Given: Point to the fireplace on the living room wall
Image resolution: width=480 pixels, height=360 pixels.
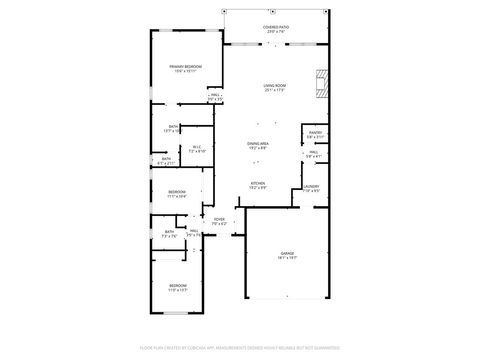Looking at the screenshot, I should [320, 83].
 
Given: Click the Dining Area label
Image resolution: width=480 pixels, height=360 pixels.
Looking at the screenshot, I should [257, 145].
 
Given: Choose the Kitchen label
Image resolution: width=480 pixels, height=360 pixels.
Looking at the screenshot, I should [257, 185].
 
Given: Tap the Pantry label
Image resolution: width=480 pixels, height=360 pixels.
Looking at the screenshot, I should [315, 134].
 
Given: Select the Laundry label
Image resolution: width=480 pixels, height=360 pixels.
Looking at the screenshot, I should [312, 188].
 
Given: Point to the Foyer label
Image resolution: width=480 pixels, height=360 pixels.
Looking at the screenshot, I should [220, 221].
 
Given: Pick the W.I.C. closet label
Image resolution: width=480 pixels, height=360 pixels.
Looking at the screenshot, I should [197, 149].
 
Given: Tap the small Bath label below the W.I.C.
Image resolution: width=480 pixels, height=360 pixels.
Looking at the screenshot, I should [167, 160].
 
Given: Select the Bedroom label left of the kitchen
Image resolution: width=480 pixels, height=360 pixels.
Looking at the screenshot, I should [177, 193].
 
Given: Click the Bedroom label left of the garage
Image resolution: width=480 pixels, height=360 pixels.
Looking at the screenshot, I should [177, 288].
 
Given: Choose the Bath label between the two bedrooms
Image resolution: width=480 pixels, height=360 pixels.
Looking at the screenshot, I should [169, 234].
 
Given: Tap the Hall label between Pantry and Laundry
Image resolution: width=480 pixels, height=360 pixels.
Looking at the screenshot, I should [313, 154].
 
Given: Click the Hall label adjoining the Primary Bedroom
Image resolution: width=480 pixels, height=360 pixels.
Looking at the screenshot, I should [215, 97].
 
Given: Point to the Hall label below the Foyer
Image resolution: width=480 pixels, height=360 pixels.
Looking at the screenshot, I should [193, 232].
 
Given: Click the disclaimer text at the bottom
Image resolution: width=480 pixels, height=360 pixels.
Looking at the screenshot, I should [239, 347].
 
